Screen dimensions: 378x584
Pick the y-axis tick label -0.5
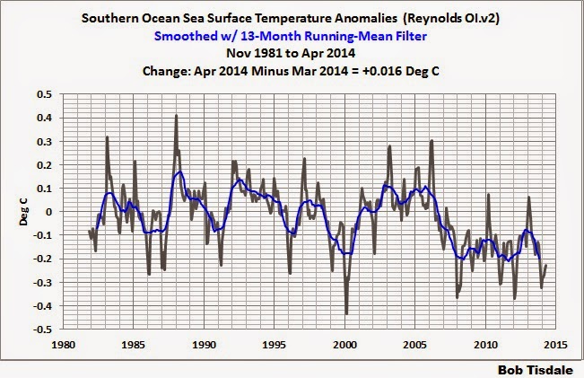(42, 330)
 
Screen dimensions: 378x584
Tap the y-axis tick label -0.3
(42, 283)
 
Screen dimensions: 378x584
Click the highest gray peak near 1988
(176, 116)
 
